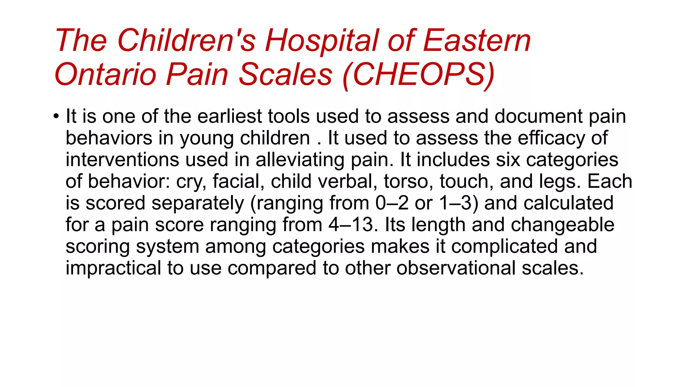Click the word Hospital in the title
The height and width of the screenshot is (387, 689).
click(x=322, y=41)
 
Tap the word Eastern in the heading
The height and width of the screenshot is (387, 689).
click(x=477, y=41)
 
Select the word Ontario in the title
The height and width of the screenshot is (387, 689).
click(x=105, y=74)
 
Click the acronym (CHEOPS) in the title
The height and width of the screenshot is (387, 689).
click(x=419, y=75)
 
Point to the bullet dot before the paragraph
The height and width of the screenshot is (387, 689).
click(x=56, y=117)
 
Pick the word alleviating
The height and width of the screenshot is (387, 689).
click(x=300, y=160)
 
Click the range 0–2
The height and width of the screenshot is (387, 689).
click(x=392, y=203)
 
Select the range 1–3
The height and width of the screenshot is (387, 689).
click(x=459, y=203)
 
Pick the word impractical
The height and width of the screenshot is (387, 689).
click(x=113, y=268)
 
